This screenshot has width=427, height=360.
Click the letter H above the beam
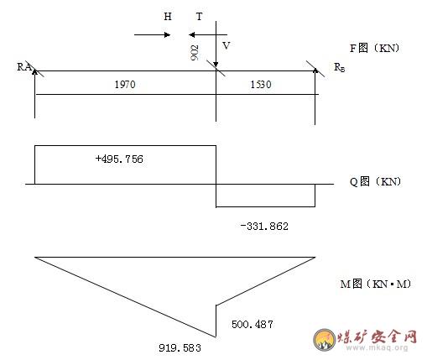click(x=168, y=17)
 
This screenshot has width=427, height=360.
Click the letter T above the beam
click(x=199, y=17)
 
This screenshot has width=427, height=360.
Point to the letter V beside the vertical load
click(x=227, y=45)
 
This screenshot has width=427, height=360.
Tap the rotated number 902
click(x=195, y=53)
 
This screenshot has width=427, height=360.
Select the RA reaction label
click(x=24, y=67)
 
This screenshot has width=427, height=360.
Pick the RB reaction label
click(x=340, y=67)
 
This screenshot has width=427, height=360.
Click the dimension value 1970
click(x=125, y=85)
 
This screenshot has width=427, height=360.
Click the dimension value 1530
click(x=261, y=85)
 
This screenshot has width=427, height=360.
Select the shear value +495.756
click(x=119, y=159)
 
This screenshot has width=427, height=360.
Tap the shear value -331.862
click(x=264, y=226)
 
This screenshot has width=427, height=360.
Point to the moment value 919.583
click(x=180, y=348)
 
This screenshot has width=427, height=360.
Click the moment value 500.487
click(x=253, y=325)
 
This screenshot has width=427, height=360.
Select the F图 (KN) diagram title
click(x=374, y=48)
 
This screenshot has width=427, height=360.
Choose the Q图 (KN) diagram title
click(x=375, y=181)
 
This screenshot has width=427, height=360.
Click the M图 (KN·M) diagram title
click(x=376, y=284)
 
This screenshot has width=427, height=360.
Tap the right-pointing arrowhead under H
click(x=167, y=35)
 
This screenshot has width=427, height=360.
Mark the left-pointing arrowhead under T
click(x=192, y=35)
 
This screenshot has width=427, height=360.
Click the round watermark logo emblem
click(x=325, y=340)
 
